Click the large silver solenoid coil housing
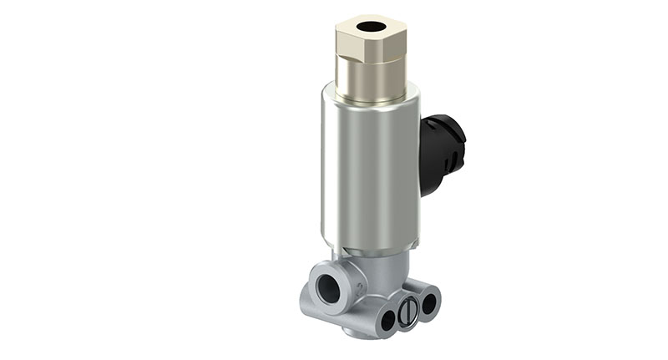pos(367,167)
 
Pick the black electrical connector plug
pos(440,150)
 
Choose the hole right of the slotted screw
pos(428,303)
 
